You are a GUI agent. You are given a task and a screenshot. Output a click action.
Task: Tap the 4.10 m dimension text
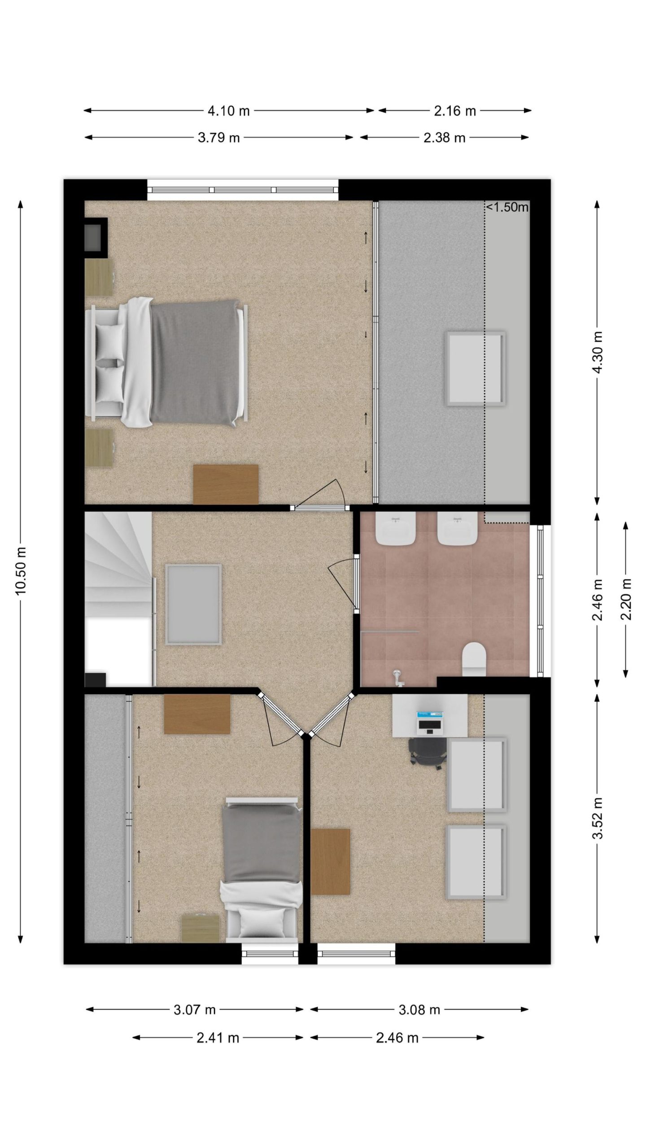pyautogui.click(x=228, y=111)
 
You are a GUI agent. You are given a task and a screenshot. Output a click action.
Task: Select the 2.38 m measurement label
pyautogui.click(x=444, y=138)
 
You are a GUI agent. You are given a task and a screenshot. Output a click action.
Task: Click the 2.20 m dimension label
pyautogui.click(x=626, y=599)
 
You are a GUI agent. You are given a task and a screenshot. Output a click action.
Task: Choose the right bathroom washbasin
pyautogui.click(x=457, y=529)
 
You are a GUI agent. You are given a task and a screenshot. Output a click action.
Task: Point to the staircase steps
pyautogui.click(x=118, y=565)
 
